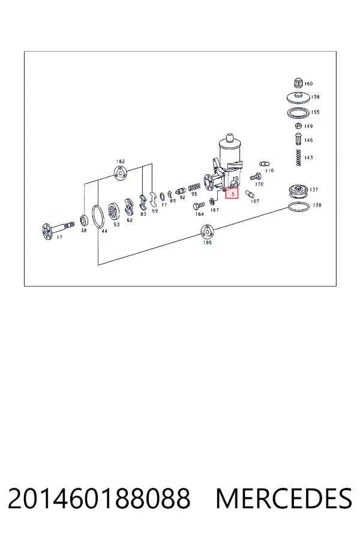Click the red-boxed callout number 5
point(232,194)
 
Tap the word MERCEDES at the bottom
point(284,498)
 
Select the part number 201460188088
point(99,498)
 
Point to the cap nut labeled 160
point(298,83)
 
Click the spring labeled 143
point(298,158)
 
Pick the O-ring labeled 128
point(298,207)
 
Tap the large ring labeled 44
point(98,217)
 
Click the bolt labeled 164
point(199,206)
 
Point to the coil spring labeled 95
point(194,187)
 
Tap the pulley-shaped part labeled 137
point(298,191)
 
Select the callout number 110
point(269,170)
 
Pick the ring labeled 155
point(298,113)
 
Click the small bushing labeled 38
point(83,220)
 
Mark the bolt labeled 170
point(255,177)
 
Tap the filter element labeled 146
point(298,139)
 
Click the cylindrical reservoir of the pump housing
point(230,152)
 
